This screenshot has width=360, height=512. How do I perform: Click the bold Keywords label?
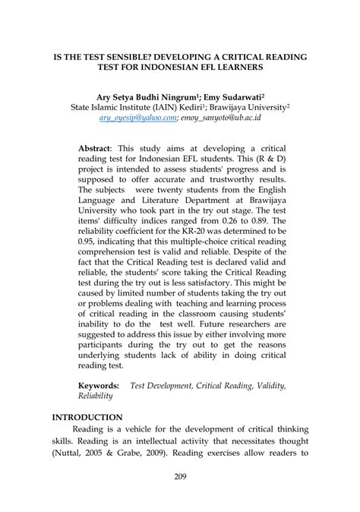point(99,386)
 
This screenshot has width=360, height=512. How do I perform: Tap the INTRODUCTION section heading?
point(87,417)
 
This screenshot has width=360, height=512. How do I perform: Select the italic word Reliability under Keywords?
point(96,396)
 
